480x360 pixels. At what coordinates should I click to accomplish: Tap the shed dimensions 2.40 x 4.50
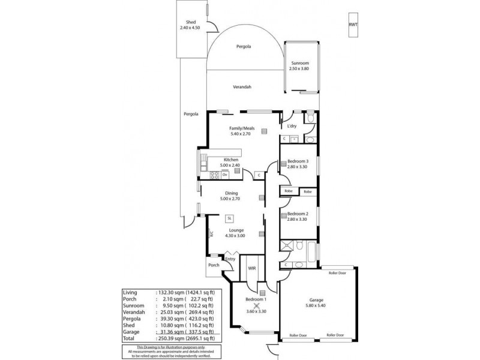click(191, 28)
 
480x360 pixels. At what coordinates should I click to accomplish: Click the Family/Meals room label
click(242, 128)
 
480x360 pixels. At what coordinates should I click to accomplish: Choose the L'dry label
click(292, 126)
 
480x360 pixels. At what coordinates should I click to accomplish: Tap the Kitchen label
click(231, 160)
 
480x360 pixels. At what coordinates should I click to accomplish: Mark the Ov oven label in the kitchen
click(224, 175)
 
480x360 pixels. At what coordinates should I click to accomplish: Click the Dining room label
click(231, 193)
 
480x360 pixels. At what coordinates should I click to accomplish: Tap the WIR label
click(252, 268)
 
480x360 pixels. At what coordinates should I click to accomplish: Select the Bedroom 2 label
click(298, 214)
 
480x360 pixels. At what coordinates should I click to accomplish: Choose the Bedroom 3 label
click(298, 161)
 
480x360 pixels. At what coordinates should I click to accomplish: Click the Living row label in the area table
click(130, 293)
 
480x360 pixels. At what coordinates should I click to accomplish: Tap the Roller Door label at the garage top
click(338, 272)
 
